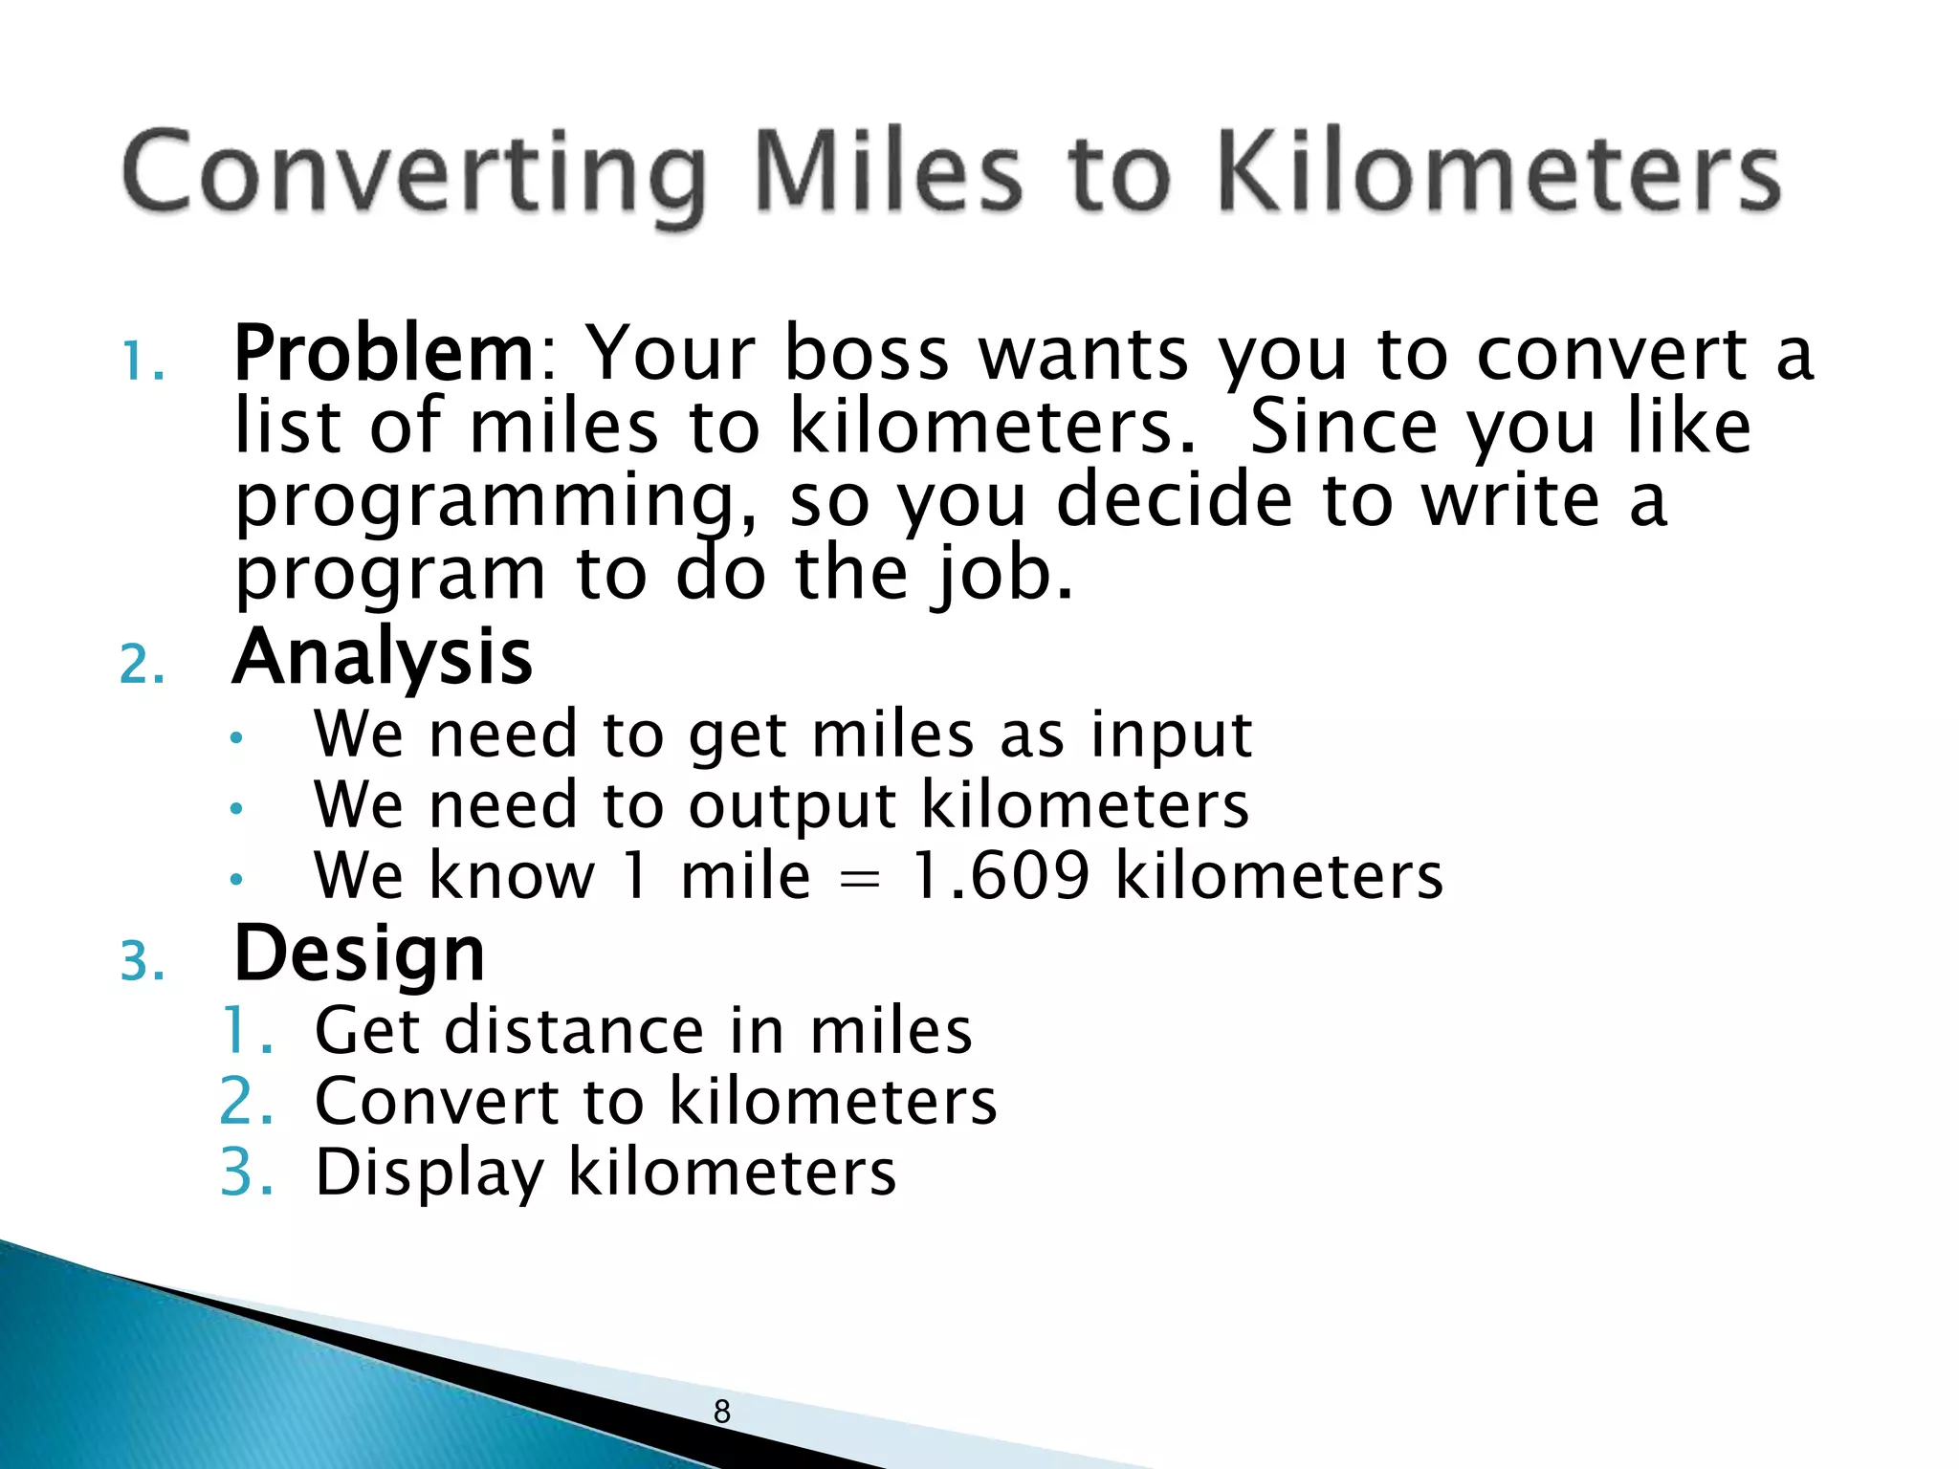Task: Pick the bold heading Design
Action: point(360,954)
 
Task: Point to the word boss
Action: point(866,354)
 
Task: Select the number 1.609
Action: point(1000,875)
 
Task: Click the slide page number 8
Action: point(722,1411)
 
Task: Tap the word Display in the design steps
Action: point(429,1173)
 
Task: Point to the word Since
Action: point(1344,427)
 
